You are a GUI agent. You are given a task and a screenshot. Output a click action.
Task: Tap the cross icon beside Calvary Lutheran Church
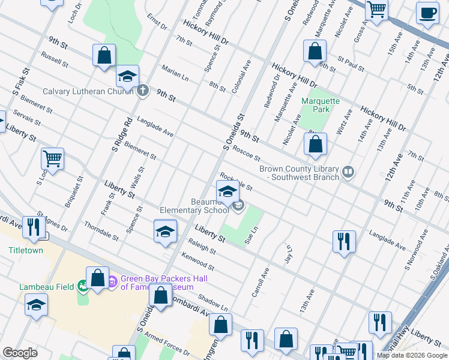click(x=142, y=91)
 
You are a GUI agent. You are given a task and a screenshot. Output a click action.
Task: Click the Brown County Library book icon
click(x=347, y=173)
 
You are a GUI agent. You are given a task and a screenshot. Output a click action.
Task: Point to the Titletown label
click(x=26, y=250)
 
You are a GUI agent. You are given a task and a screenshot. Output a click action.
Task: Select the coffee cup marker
click(x=427, y=13)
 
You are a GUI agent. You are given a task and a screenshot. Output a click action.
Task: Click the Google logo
click(x=20, y=353)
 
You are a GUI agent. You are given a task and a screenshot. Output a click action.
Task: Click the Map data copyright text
click(x=412, y=355)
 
